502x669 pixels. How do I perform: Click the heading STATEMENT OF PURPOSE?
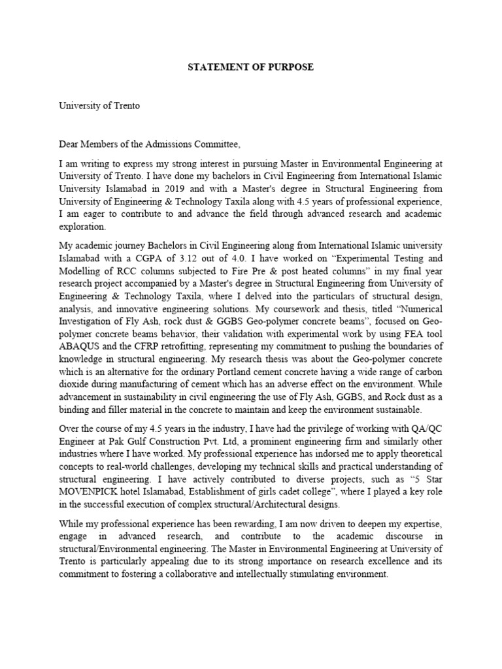(x=250, y=67)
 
